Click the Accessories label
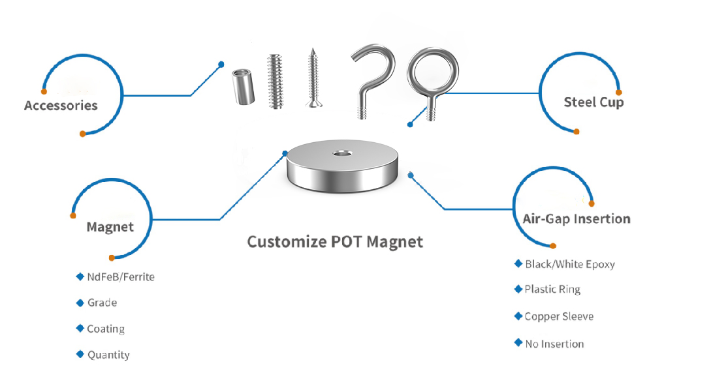(61, 106)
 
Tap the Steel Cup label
(593, 102)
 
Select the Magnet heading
(110, 227)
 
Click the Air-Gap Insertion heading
(577, 219)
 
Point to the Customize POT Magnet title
(335, 242)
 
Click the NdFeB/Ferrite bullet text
(121, 277)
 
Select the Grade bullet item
(102, 303)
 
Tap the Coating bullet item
(106, 329)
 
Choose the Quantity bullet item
(108, 355)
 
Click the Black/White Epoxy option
(570, 264)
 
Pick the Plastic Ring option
(552, 290)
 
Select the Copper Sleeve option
(559, 316)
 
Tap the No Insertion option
(554, 344)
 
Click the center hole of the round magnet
(343, 153)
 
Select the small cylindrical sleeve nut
(243, 87)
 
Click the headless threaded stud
(276, 82)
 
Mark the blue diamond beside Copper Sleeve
(518, 316)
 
